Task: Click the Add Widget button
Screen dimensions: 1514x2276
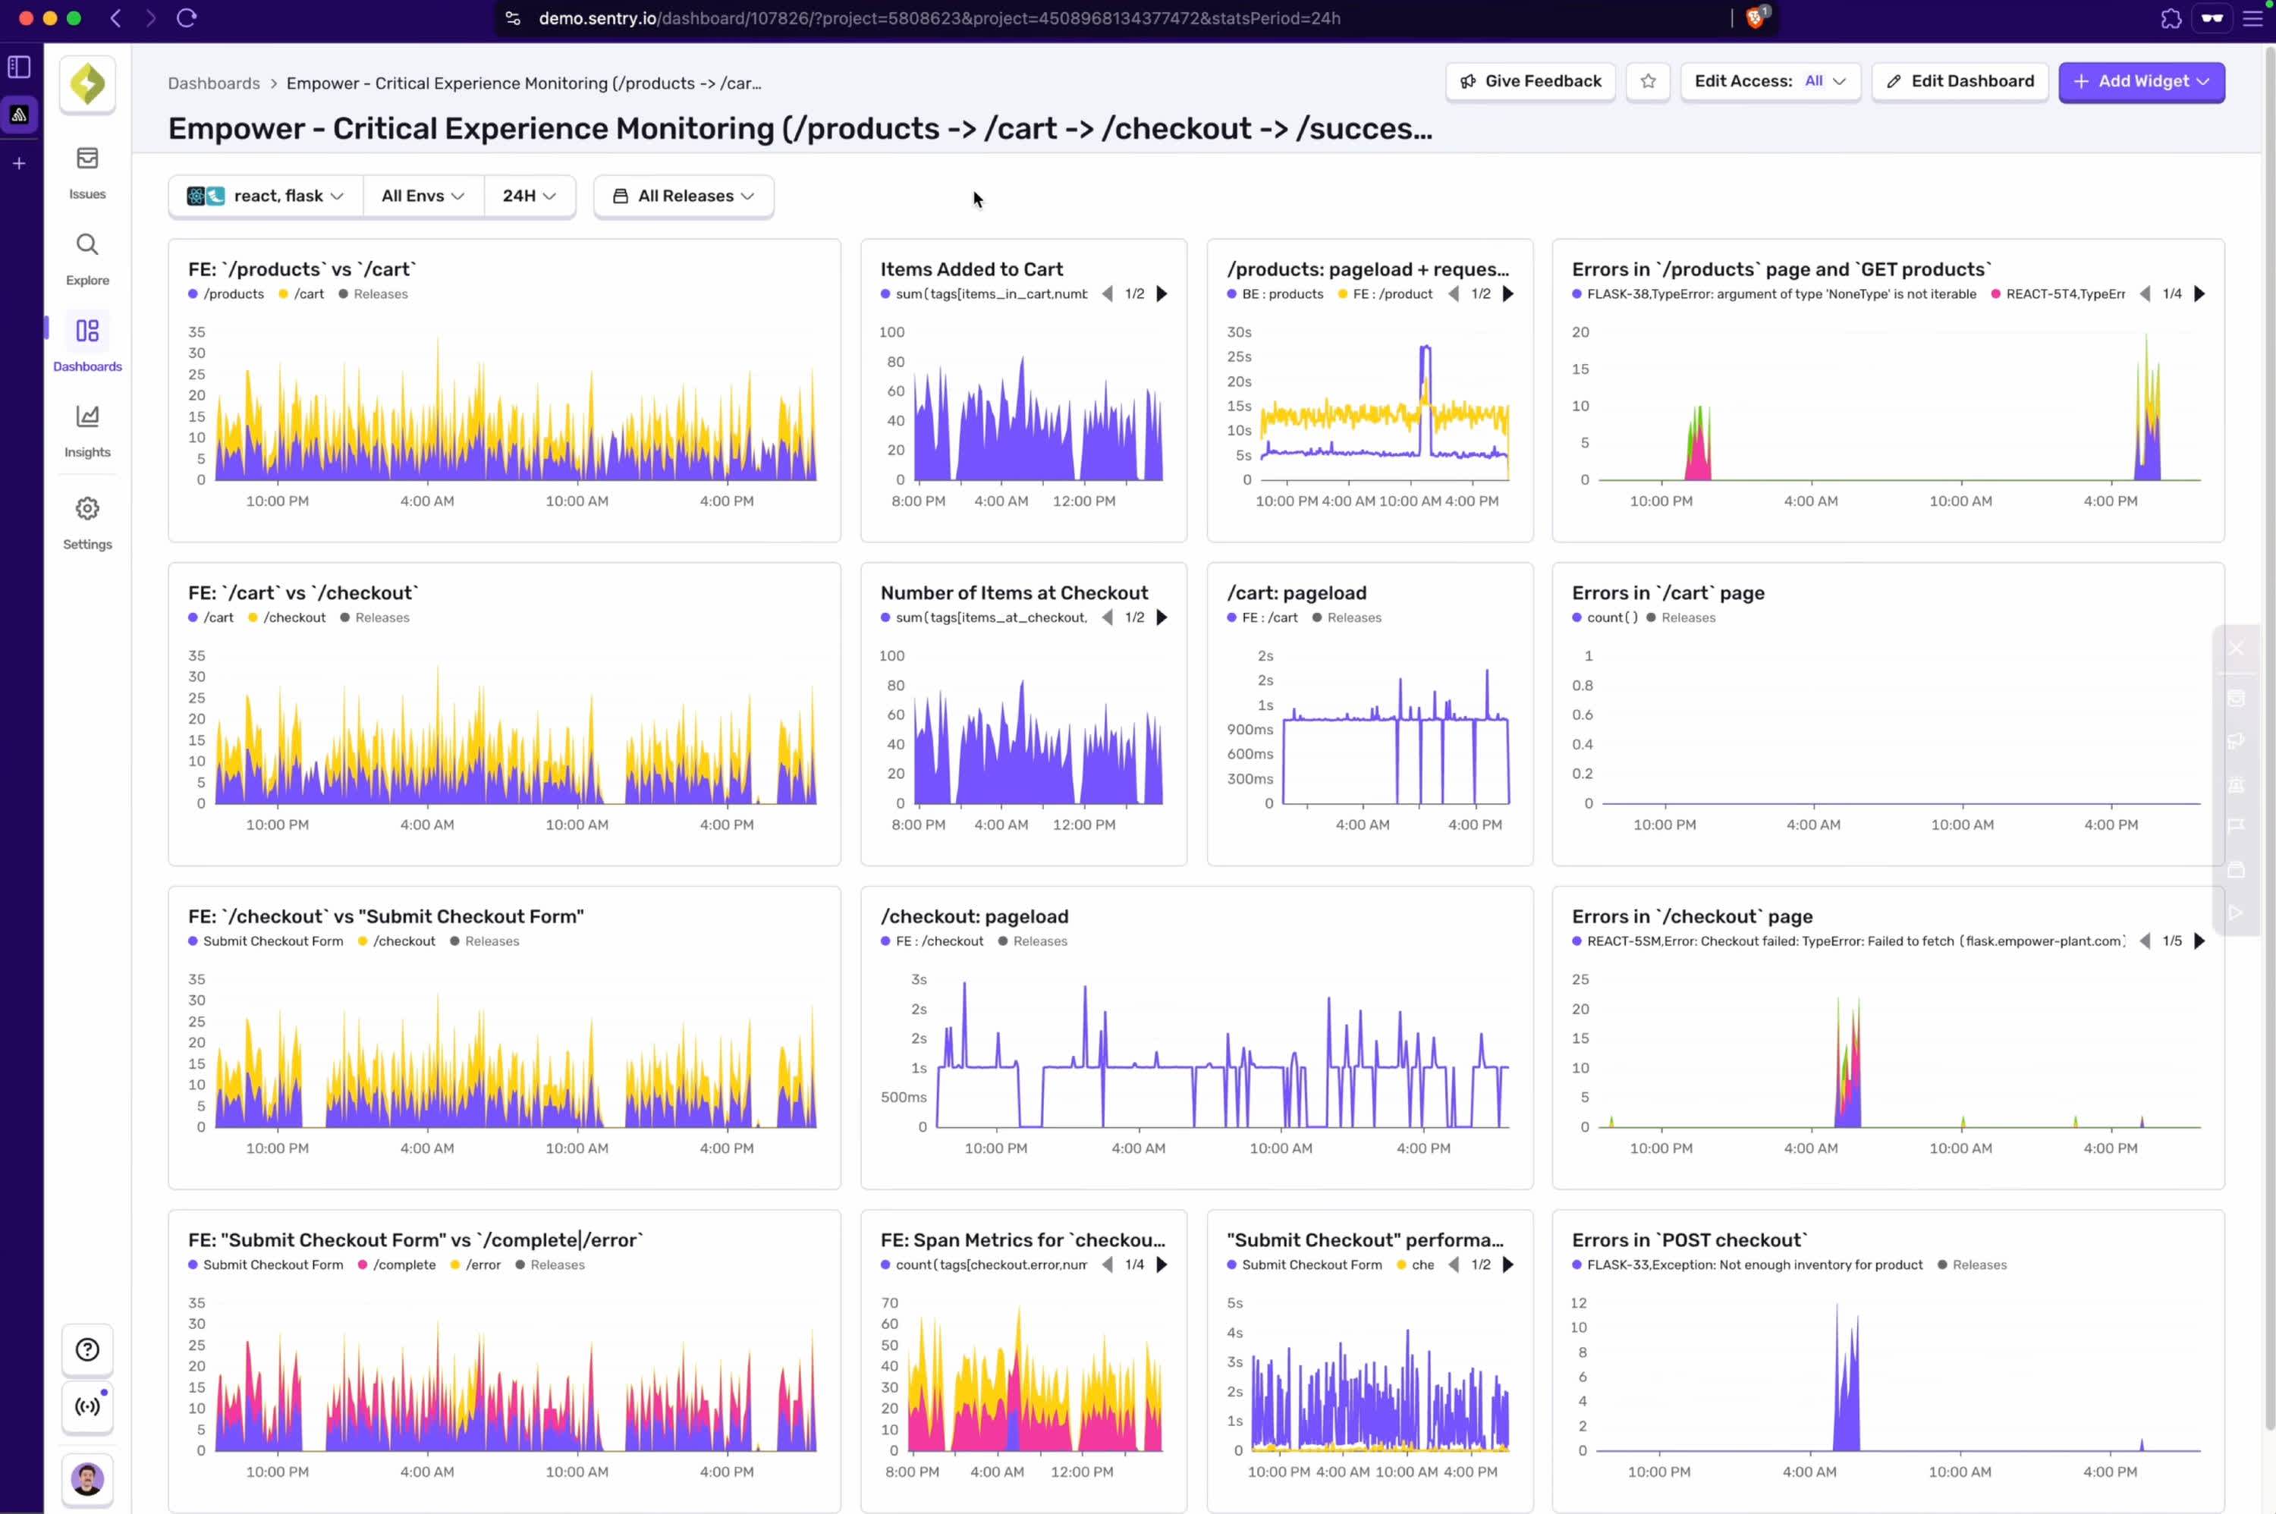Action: point(2140,82)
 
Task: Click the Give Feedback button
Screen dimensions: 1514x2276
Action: point(1529,82)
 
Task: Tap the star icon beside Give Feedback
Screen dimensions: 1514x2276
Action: point(1647,82)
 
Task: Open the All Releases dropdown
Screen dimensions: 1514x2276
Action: point(683,196)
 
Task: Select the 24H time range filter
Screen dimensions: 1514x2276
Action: point(528,196)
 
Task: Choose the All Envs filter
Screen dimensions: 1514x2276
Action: point(422,196)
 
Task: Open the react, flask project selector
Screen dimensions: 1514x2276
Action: point(266,196)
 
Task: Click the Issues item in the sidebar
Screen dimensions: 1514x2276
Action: point(87,173)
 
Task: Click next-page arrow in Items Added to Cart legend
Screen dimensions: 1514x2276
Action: point(1162,294)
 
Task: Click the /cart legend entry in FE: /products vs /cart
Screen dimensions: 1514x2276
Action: point(308,294)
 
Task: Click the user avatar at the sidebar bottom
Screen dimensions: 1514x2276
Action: point(87,1478)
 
